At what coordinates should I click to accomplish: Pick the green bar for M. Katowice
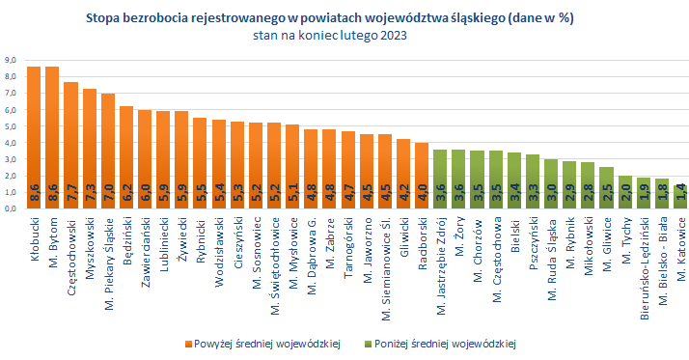pyautogui.click(x=679, y=197)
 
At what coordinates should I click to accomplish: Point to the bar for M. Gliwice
pyautogui.click(x=605, y=188)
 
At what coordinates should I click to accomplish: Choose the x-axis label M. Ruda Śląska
pyautogui.click(x=551, y=257)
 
